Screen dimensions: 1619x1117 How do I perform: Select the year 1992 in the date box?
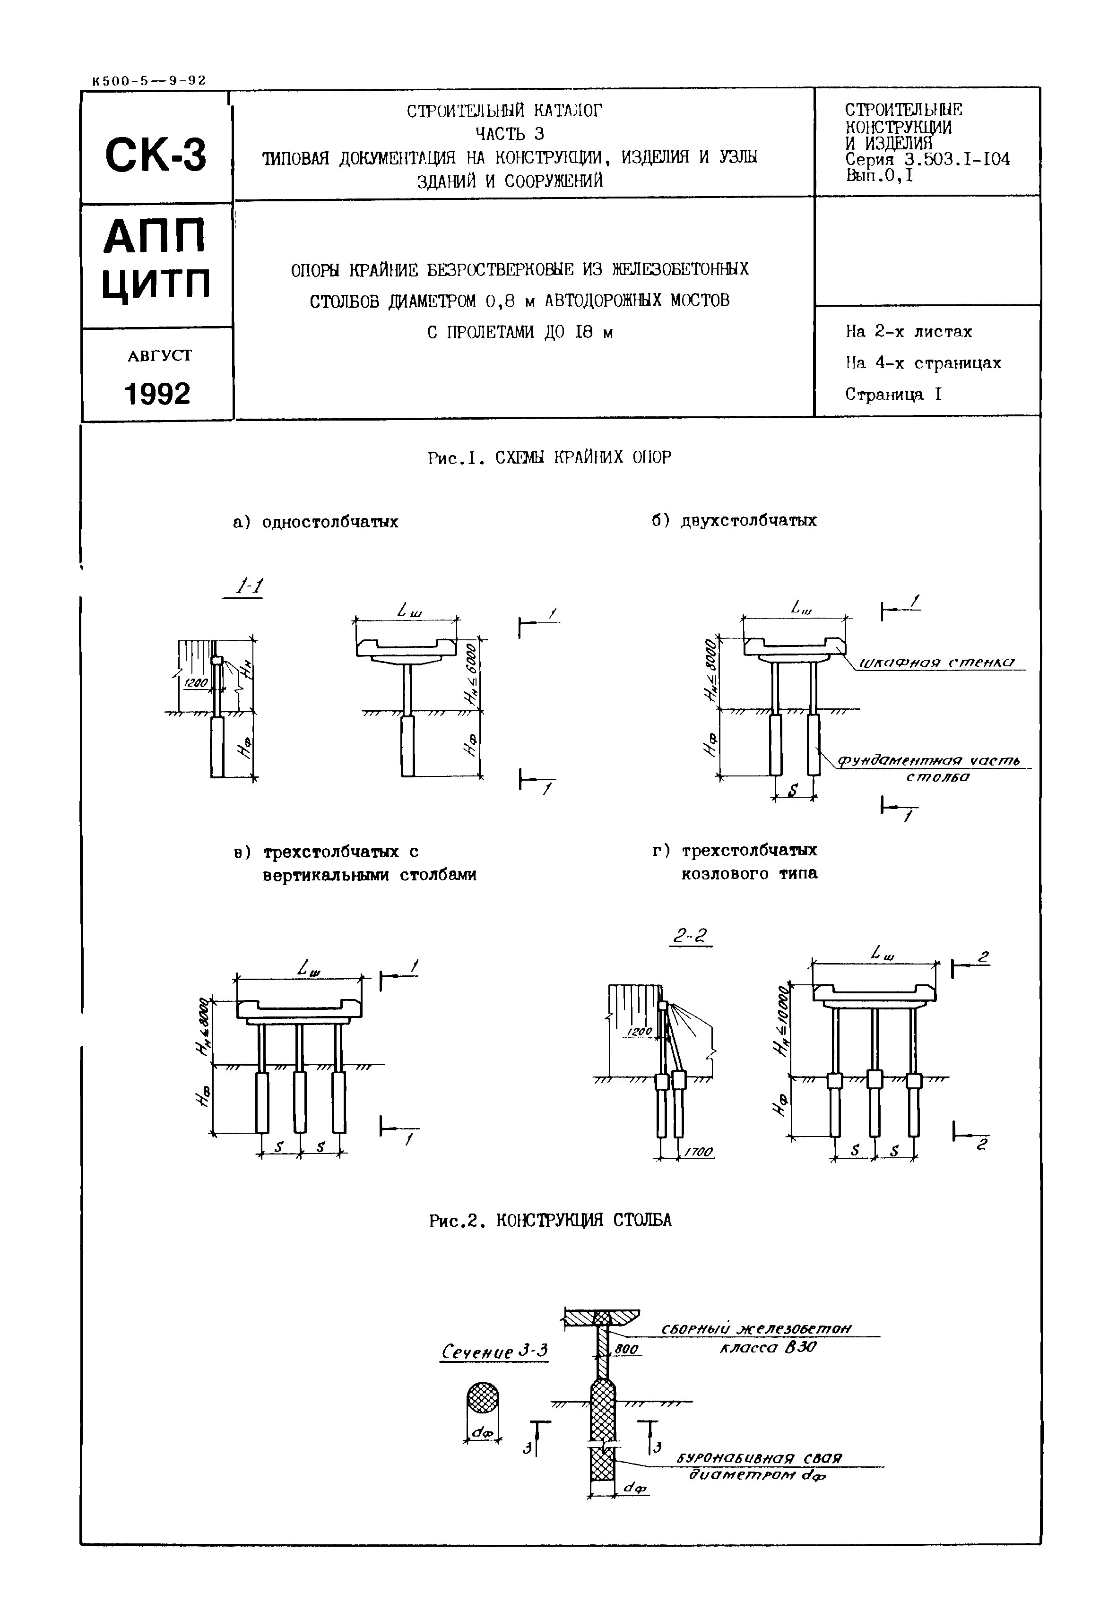pyautogui.click(x=157, y=394)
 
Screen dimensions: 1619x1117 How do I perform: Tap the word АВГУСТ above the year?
pyautogui.click(x=160, y=355)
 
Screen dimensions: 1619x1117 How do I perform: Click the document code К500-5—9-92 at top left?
pyautogui.click(x=148, y=80)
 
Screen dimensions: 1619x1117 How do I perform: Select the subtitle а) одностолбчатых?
pyautogui.click(x=316, y=522)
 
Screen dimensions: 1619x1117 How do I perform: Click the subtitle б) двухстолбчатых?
pyautogui.click(x=734, y=521)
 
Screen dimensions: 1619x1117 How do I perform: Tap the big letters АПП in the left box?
pyautogui.click(x=156, y=236)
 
